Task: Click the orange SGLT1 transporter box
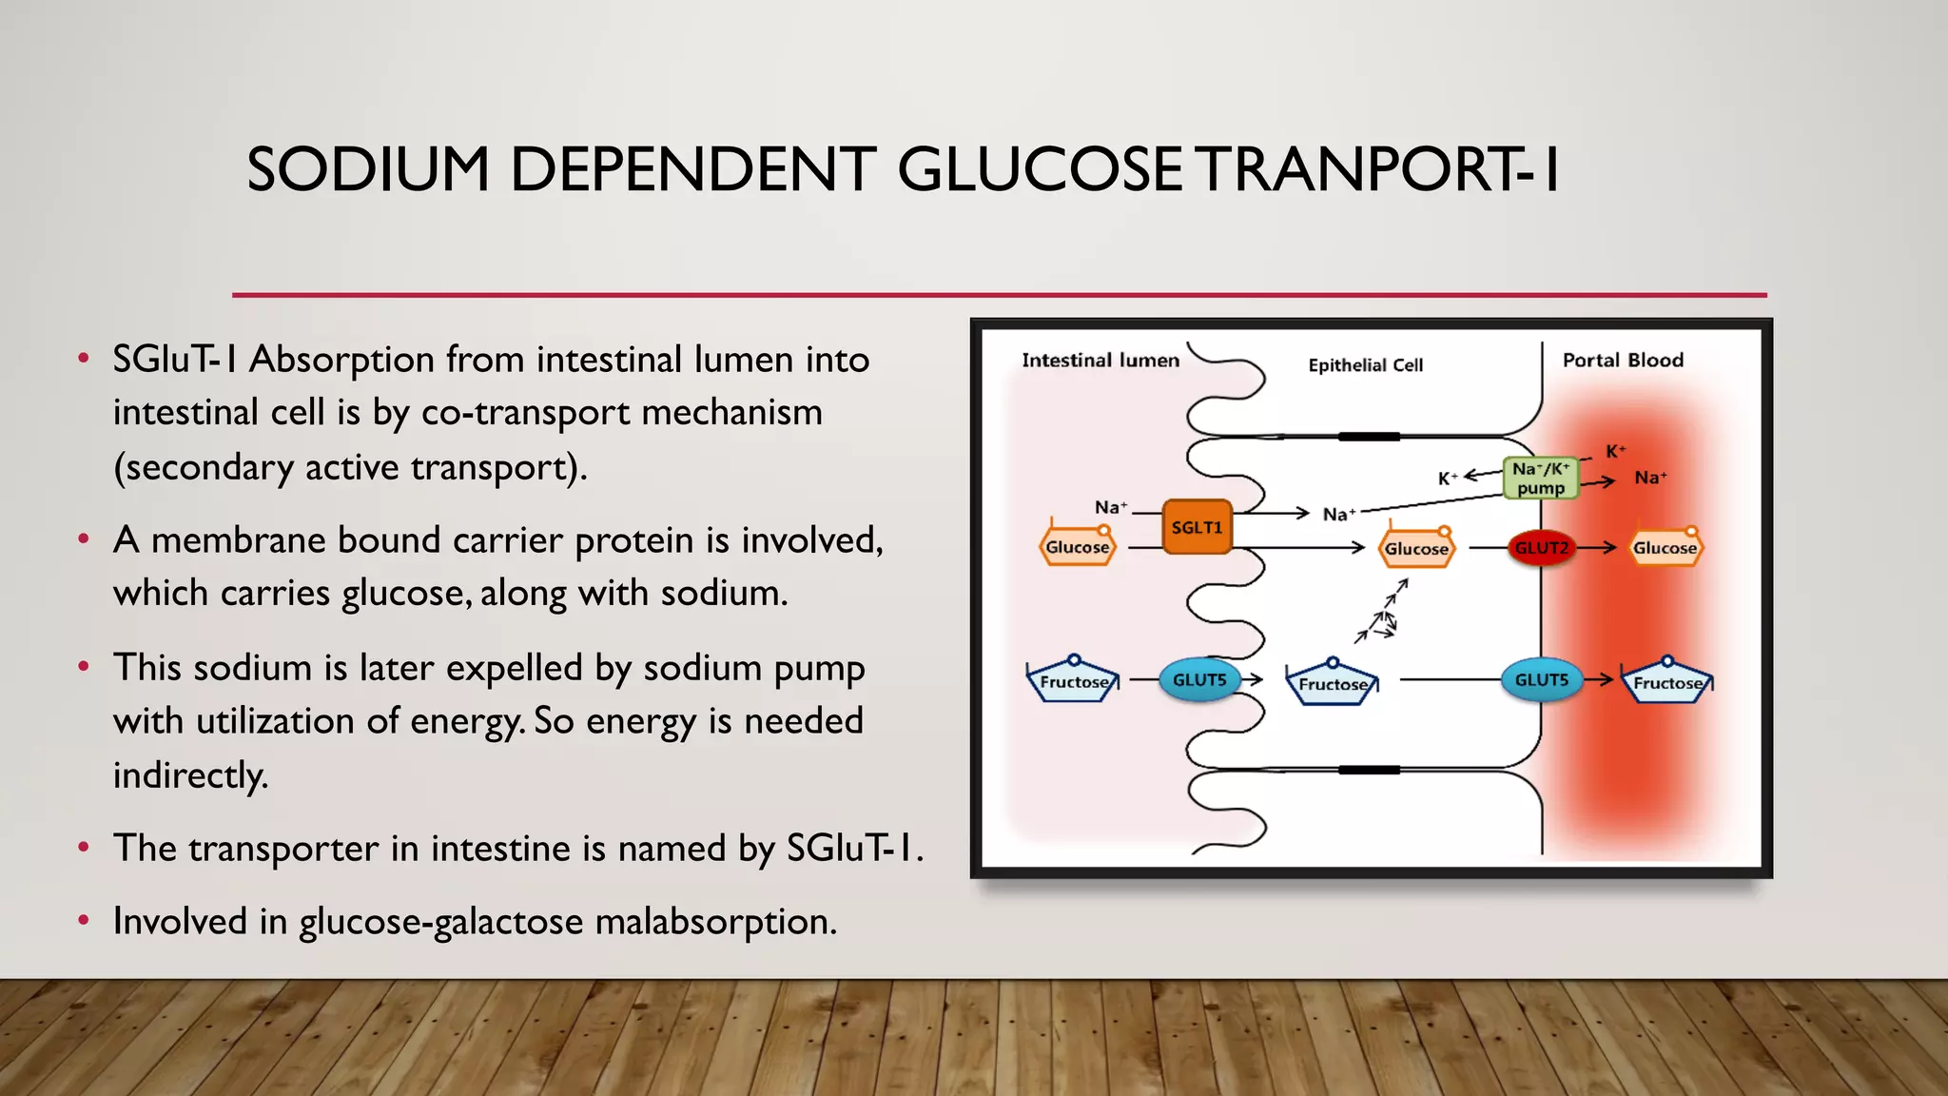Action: (1197, 527)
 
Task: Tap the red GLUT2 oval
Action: (1541, 548)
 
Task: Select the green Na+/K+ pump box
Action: (1541, 478)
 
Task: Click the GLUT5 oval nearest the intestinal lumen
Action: (1199, 680)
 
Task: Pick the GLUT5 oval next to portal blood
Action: (1541, 680)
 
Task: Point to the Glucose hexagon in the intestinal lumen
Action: (1077, 547)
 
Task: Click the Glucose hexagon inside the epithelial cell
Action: (1416, 549)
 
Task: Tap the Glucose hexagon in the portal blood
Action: (1665, 548)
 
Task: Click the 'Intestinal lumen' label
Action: (1101, 361)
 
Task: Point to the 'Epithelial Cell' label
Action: (1365, 365)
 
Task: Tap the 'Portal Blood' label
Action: (1623, 361)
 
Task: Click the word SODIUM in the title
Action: (367, 170)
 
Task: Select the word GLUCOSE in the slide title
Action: (1039, 170)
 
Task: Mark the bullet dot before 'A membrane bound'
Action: (84, 539)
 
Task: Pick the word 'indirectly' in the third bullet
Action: (189, 775)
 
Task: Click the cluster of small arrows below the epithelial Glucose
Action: (1381, 614)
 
